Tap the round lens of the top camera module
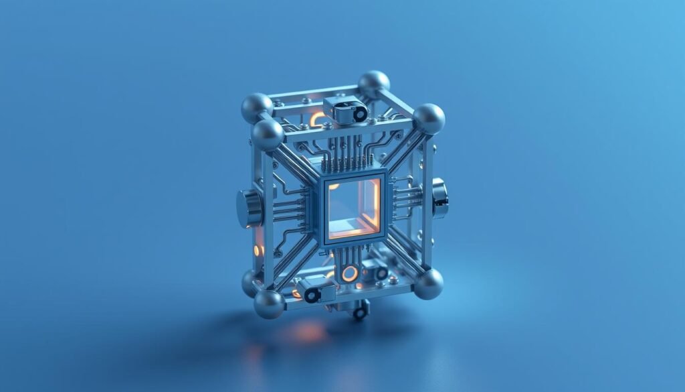359,115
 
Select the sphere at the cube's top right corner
429,118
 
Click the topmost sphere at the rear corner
374,84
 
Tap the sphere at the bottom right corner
428,283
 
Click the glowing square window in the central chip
352,208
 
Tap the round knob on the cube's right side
439,198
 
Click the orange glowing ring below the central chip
349,273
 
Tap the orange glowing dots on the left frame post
258,250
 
